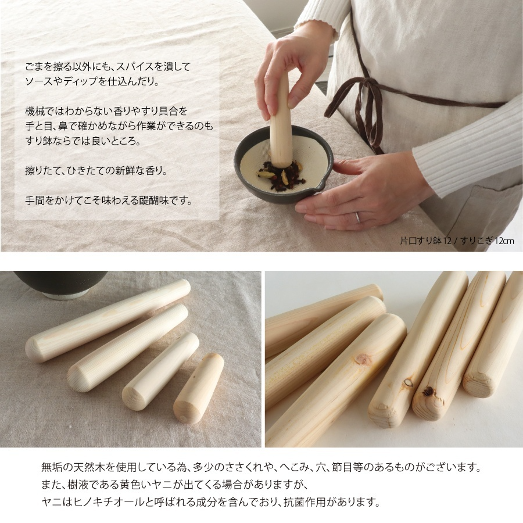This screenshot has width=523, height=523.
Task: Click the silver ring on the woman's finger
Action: point(358,217)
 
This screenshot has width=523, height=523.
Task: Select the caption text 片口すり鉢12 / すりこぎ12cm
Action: point(457,240)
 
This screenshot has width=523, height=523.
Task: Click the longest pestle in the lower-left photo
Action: point(108,321)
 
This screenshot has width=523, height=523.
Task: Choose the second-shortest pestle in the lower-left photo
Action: point(160,372)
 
